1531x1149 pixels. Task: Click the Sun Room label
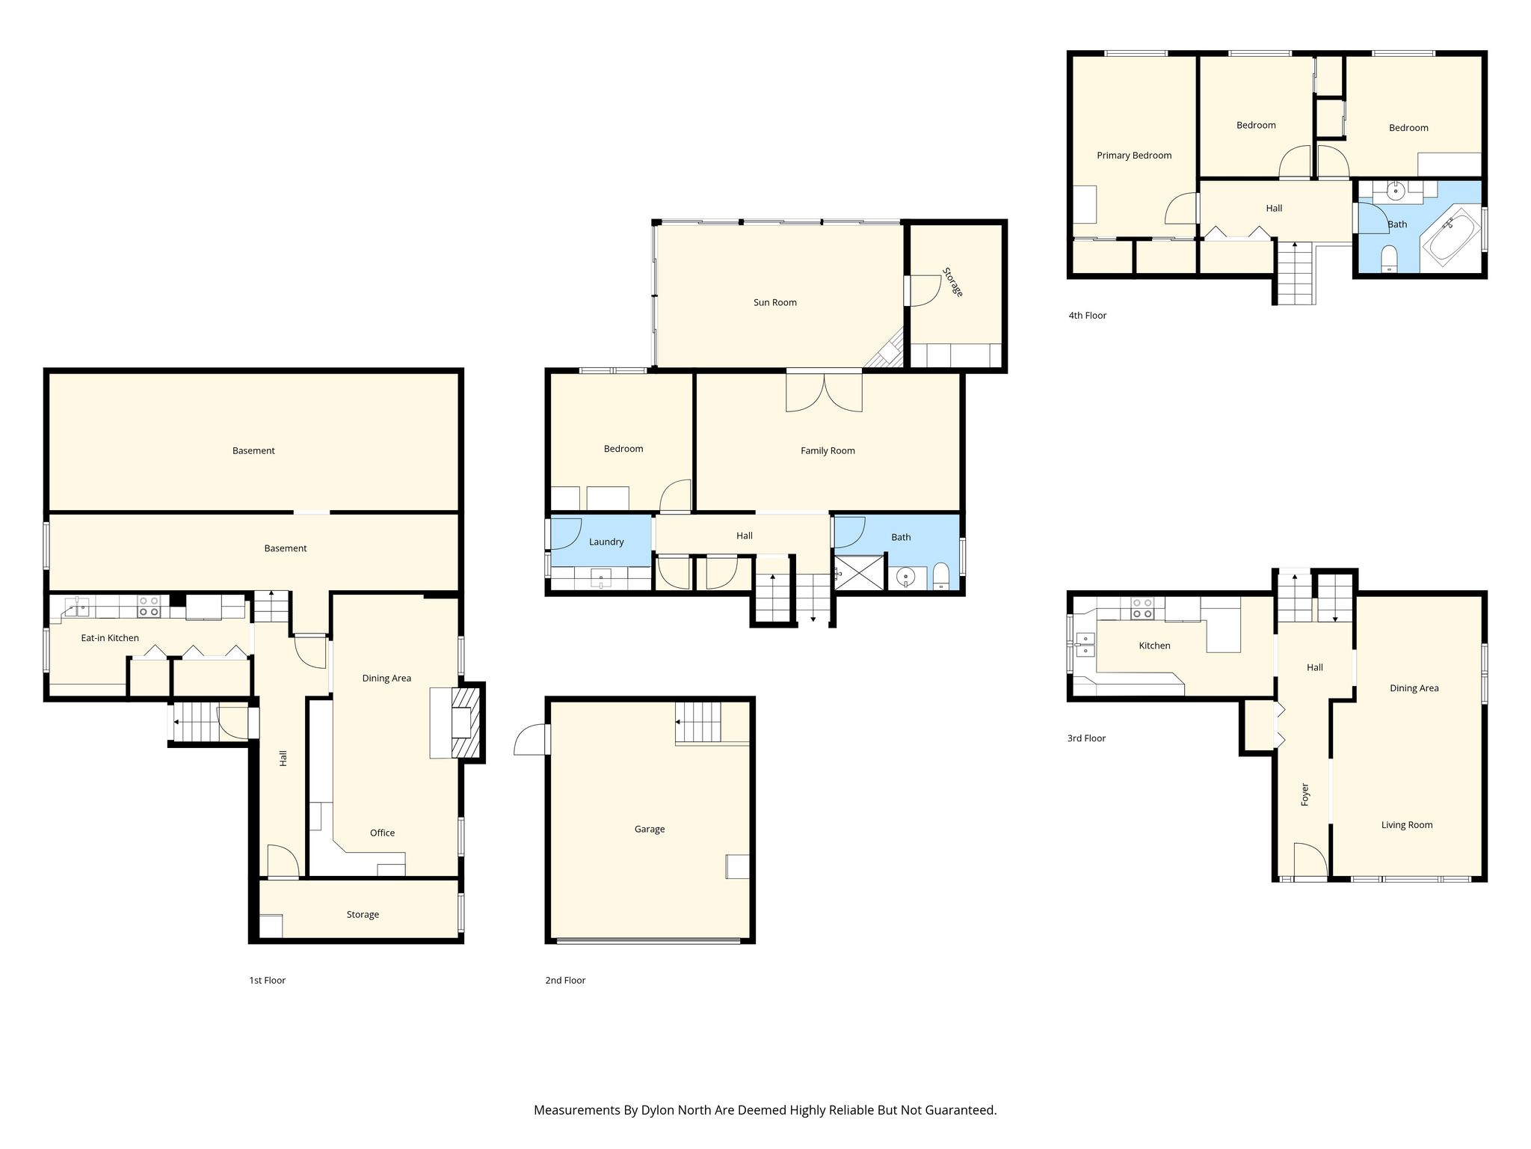point(774,302)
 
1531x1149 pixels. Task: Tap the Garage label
point(649,829)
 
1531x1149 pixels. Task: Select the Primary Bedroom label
point(1134,156)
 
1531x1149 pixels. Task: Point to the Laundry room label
point(606,542)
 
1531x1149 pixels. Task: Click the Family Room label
point(828,450)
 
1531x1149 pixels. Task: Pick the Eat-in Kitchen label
point(110,638)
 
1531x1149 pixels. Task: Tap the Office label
point(382,833)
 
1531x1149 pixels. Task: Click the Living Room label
point(1407,825)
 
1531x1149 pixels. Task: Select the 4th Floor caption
point(1087,316)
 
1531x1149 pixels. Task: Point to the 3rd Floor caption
point(1086,738)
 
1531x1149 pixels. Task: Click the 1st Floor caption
point(267,980)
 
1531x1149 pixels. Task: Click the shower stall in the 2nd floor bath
point(859,572)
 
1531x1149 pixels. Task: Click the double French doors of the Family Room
point(824,391)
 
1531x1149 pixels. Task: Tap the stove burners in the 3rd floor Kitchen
point(1142,608)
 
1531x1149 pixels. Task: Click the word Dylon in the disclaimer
point(658,1110)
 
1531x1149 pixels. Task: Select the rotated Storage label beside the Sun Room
point(952,282)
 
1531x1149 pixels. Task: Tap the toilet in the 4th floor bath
point(1389,259)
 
